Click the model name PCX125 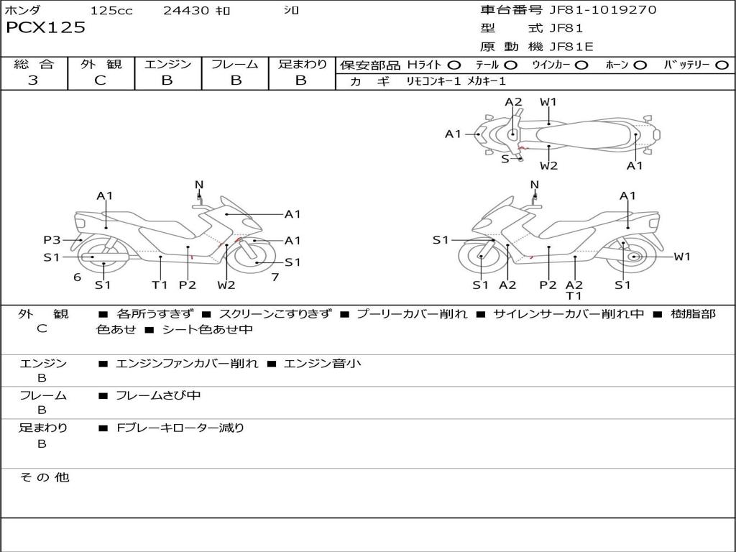[45, 28]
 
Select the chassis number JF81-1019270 [603, 9]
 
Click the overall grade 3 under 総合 [33, 80]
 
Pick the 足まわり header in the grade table [303, 64]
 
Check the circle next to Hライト [454, 65]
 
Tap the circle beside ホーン [640, 65]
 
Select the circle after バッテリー [722, 65]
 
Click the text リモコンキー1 [433, 81]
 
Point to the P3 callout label [52, 240]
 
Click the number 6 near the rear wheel [78, 277]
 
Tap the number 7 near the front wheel [275, 277]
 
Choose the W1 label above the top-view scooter [548, 102]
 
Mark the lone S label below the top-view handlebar [505, 159]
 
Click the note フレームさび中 [158, 396]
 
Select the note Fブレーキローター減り [180, 428]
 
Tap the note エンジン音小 [323, 363]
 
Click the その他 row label [44, 477]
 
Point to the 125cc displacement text [111, 10]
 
